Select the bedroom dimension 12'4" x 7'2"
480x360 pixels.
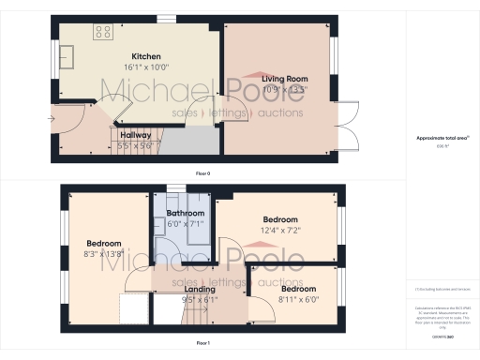pos(280,231)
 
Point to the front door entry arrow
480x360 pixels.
pos(52,120)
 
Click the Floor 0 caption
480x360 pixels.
pos(202,174)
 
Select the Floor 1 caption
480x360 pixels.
pos(202,344)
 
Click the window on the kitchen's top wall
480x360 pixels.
pos(166,17)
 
